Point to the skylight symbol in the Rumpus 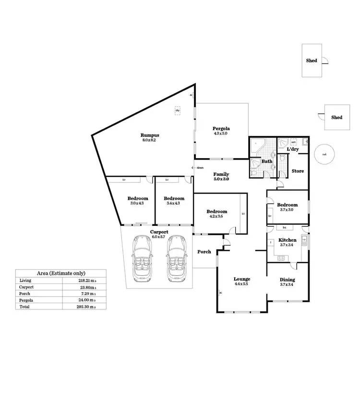(x=178, y=110)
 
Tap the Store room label (x=298, y=171)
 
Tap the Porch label (x=204, y=251)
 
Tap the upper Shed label (x=312, y=61)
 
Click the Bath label (x=266, y=161)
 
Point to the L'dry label (x=293, y=149)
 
